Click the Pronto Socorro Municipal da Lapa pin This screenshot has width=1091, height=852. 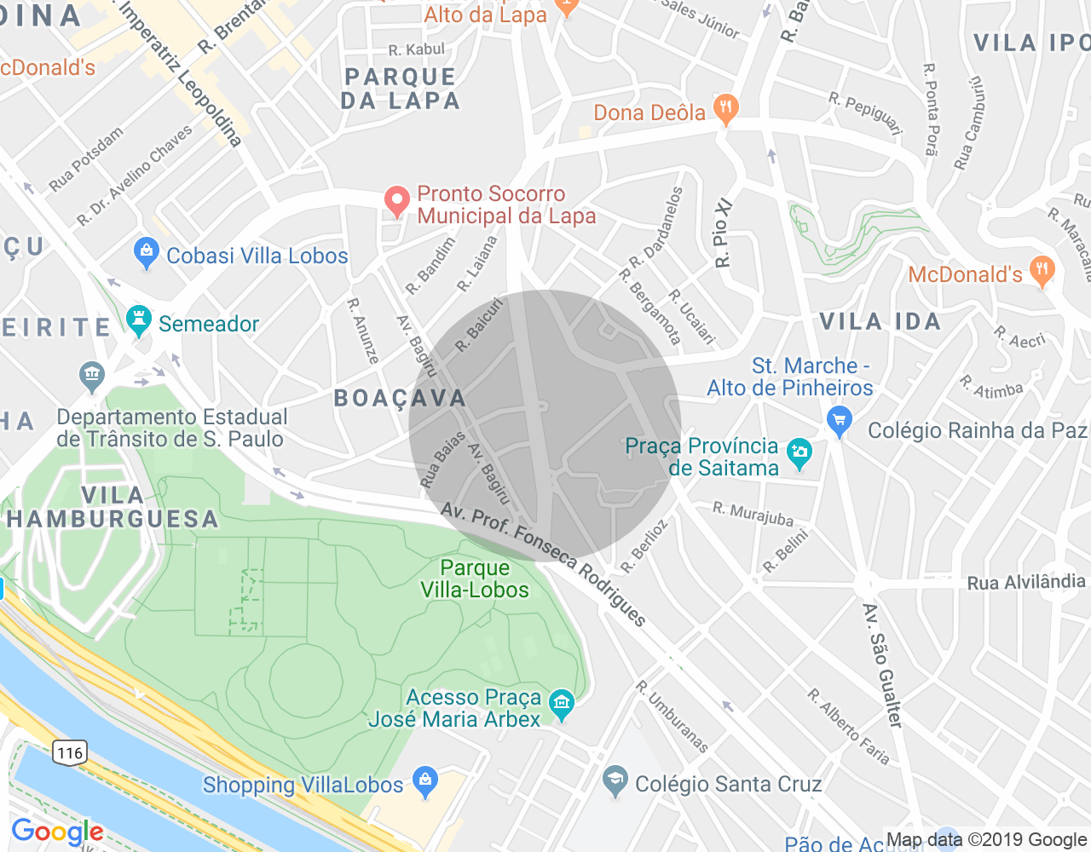coord(396,201)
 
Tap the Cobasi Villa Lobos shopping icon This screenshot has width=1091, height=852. coord(147,252)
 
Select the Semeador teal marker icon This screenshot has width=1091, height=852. coord(138,321)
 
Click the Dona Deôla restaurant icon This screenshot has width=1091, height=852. coord(725,109)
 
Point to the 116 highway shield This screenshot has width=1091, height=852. coord(69,752)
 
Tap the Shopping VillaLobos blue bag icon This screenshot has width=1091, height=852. coord(424,781)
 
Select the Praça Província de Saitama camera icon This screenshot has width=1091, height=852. coord(799,453)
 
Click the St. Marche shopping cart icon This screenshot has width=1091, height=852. coord(840,420)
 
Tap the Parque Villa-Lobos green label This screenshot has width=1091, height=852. coord(475,579)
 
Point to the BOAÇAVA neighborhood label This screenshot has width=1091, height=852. coord(400,398)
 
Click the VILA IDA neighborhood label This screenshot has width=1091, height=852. coord(880,321)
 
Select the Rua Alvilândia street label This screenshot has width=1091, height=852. coord(1026,583)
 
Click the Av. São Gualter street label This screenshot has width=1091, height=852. coord(882,665)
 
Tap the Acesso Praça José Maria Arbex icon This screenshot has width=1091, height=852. coord(562,703)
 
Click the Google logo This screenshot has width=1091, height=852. coord(57,832)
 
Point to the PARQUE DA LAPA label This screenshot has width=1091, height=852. coord(401,89)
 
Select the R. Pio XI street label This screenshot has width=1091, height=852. coord(723,233)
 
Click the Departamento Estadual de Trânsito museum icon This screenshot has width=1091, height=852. coord(92,374)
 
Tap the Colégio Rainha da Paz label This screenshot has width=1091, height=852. coord(977,430)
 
